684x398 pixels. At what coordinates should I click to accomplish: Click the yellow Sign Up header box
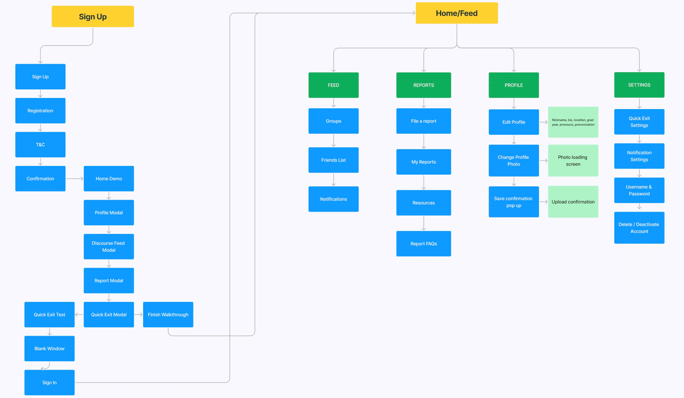92,16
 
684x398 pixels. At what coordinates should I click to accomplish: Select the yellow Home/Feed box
456,13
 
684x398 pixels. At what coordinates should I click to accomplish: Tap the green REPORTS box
423,85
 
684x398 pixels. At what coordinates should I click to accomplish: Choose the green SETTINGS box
639,85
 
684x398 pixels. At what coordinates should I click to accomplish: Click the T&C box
40,144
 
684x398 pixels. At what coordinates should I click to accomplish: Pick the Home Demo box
108,178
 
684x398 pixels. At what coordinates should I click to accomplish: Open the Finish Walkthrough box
168,314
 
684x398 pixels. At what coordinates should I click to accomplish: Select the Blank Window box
49,348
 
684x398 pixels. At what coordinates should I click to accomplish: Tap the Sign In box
49,382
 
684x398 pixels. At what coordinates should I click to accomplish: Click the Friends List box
333,160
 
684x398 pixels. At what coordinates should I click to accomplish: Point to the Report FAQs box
423,243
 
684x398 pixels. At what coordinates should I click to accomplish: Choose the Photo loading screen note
573,160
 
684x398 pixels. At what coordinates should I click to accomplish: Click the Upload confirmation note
573,201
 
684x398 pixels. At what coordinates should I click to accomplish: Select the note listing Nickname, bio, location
573,122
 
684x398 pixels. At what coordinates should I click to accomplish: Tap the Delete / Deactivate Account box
639,227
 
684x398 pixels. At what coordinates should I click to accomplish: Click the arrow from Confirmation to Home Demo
74,179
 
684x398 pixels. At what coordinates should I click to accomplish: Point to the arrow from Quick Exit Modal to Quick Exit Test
79,314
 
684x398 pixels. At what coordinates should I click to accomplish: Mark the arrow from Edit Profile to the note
543,122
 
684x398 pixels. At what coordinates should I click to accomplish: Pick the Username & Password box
639,190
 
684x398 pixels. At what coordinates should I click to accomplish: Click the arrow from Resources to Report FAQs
423,223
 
